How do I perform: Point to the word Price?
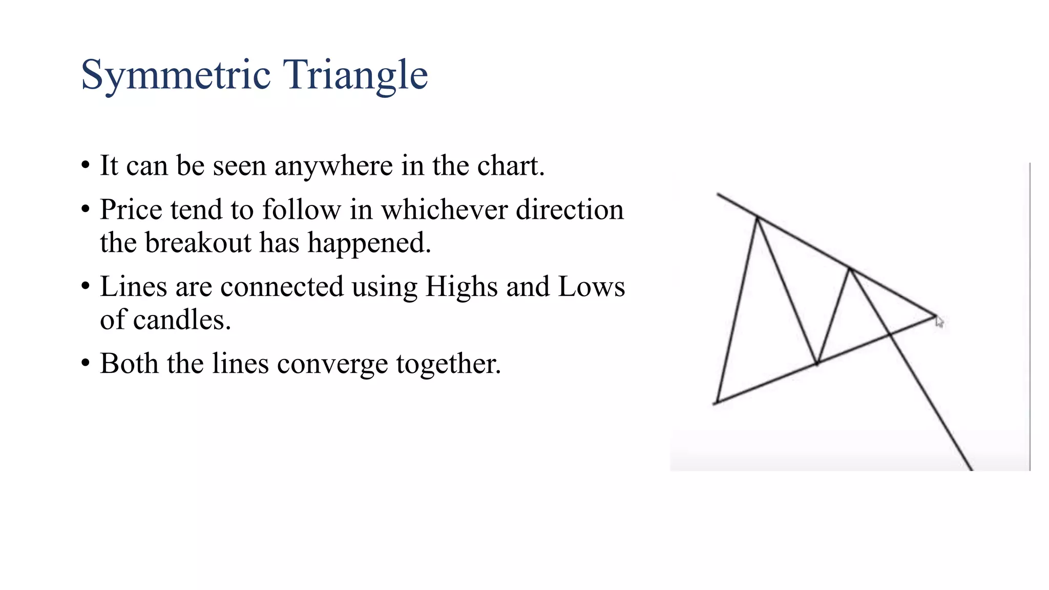pos(131,210)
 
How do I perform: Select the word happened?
pos(369,243)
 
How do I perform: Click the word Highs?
pos(461,287)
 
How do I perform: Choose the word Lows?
pos(591,287)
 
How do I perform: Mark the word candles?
pos(182,320)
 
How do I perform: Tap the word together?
pos(448,364)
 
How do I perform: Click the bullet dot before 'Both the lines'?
pos(86,363)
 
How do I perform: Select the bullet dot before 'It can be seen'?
pos(86,165)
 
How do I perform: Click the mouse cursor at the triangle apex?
pos(939,322)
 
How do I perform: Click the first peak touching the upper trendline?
pos(757,218)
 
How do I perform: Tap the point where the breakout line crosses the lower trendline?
pos(890,334)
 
